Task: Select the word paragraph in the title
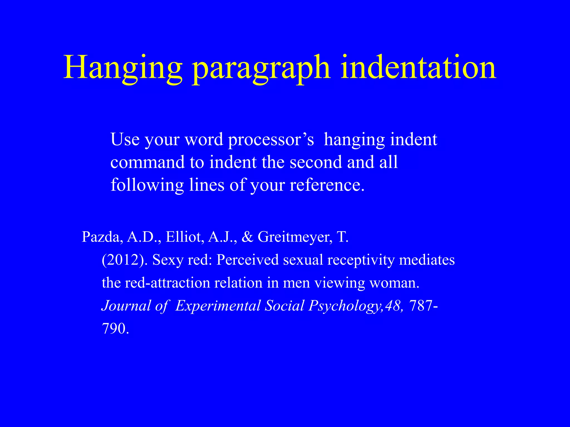coord(262,68)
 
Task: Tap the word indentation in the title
coord(418,68)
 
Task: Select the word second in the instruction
coord(316,162)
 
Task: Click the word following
coord(147,185)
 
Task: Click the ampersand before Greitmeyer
coord(247,237)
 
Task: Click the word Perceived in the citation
coord(247,260)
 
